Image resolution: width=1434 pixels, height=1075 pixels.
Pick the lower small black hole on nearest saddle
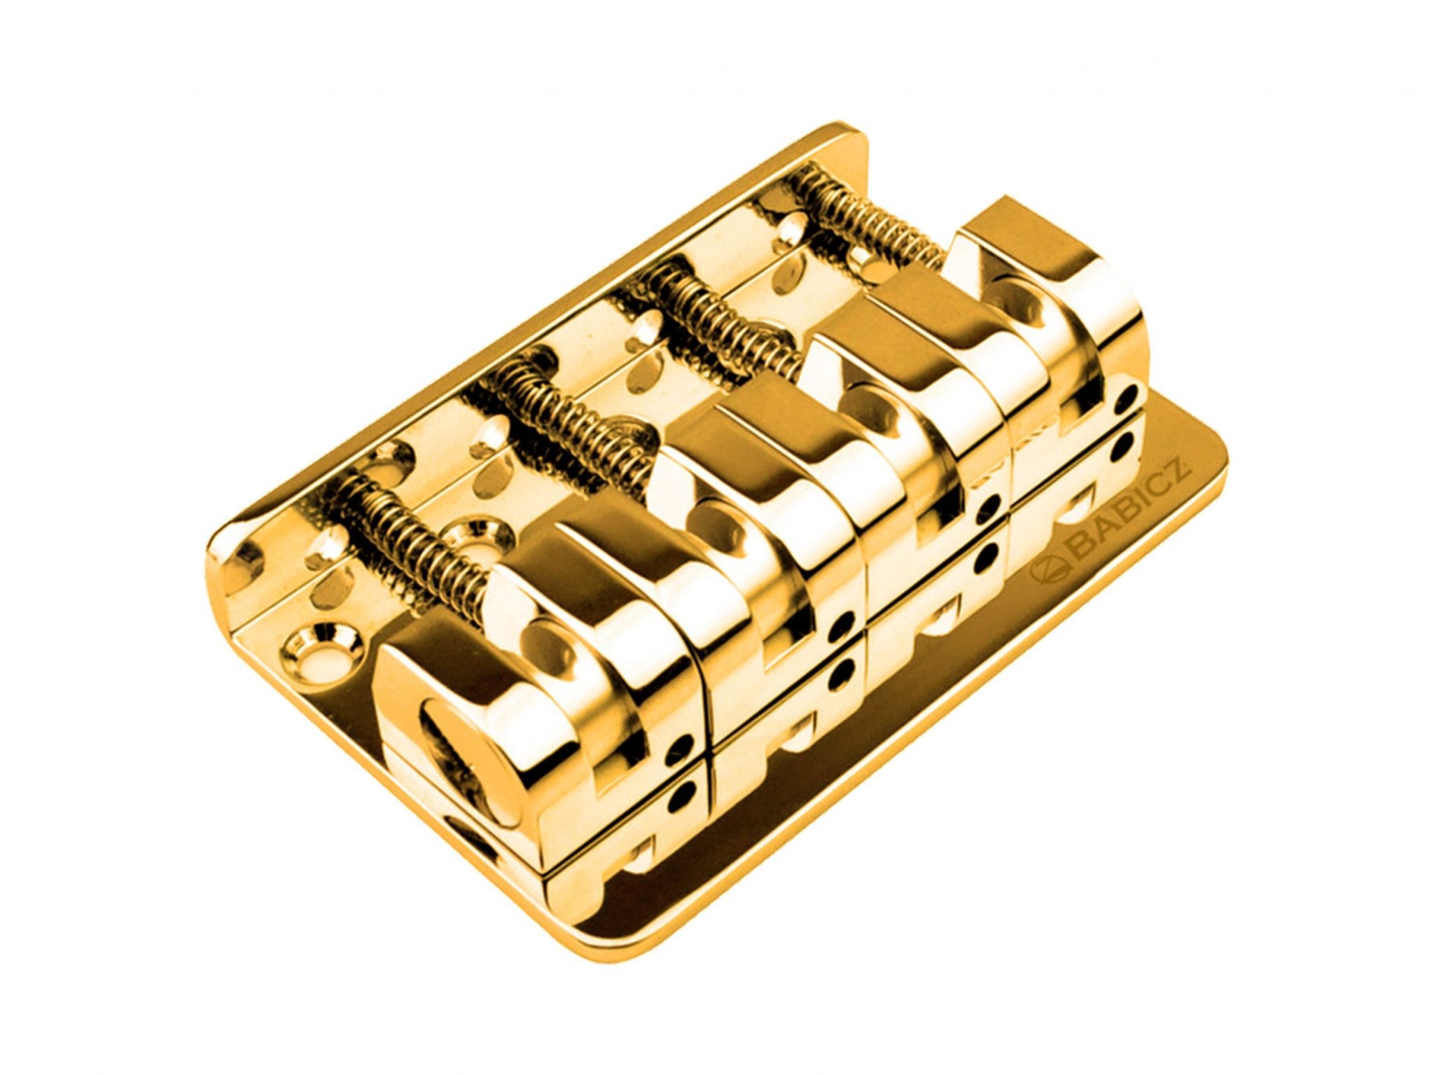click(x=681, y=798)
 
